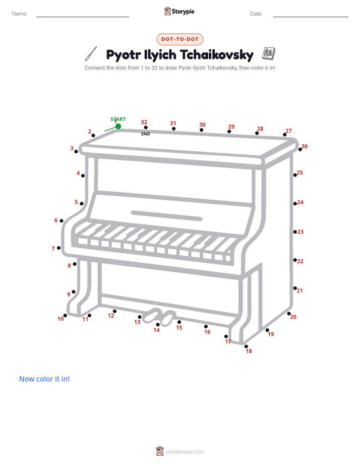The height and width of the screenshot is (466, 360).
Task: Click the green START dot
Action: pyautogui.click(x=118, y=126)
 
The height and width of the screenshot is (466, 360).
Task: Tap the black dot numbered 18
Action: pyautogui.click(x=246, y=346)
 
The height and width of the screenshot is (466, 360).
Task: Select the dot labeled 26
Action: pyautogui.click(x=300, y=149)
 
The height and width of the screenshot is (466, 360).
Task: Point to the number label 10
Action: pyautogui.click(x=61, y=319)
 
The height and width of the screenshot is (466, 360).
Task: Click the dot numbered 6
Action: pyautogui.click(x=62, y=220)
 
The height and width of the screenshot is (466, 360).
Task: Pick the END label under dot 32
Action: pyautogui.click(x=146, y=134)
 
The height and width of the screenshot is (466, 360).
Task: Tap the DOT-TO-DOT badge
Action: pyautogui.click(x=180, y=39)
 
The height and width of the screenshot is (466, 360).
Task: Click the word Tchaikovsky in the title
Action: pyautogui.click(x=216, y=54)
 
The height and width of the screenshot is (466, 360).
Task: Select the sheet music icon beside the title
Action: pyautogui.click(x=269, y=53)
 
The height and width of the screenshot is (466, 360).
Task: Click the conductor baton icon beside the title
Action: pyautogui.click(x=91, y=54)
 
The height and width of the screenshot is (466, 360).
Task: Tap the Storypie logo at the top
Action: pyautogui.click(x=179, y=11)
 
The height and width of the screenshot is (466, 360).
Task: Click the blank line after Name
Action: pyautogui.click(x=83, y=17)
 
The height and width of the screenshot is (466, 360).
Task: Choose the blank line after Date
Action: pyautogui.click(x=311, y=17)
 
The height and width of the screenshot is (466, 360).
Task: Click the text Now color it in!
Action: pyautogui.click(x=44, y=379)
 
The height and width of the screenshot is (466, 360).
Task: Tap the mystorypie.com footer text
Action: pyautogui.click(x=185, y=452)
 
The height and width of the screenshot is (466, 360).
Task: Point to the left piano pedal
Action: pyautogui.click(x=152, y=316)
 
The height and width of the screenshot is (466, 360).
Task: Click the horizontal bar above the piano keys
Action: pyautogui.click(x=166, y=216)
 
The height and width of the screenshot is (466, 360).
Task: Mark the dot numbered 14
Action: pyautogui.click(x=158, y=325)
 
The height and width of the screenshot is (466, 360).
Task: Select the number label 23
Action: pyautogui.click(x=301, y=232)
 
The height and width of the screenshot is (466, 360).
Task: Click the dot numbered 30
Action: pyautogui.click(x=201, y=130)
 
